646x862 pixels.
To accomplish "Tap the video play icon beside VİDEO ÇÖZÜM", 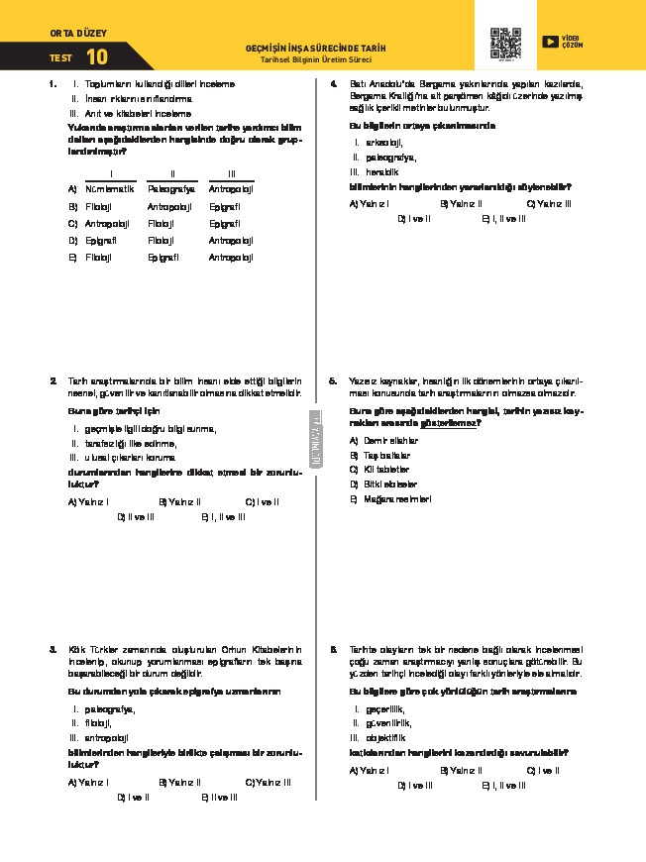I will pyautogui.click(x=550, y=42).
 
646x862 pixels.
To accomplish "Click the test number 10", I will pyautogui.click(x=97, y=57).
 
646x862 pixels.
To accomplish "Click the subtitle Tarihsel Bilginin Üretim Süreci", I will pyautogui.click(x=316, y=59).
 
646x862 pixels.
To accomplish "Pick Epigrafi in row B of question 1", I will pyautogui.click(x=225, y=206).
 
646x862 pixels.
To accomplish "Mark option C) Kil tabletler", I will pyautogui.click(x=384, y=469).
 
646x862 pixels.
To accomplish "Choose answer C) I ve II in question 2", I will pyautogui.click(x=263, y=501).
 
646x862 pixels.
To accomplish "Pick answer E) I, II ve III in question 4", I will pyautogui.click(x=503, y=218).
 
